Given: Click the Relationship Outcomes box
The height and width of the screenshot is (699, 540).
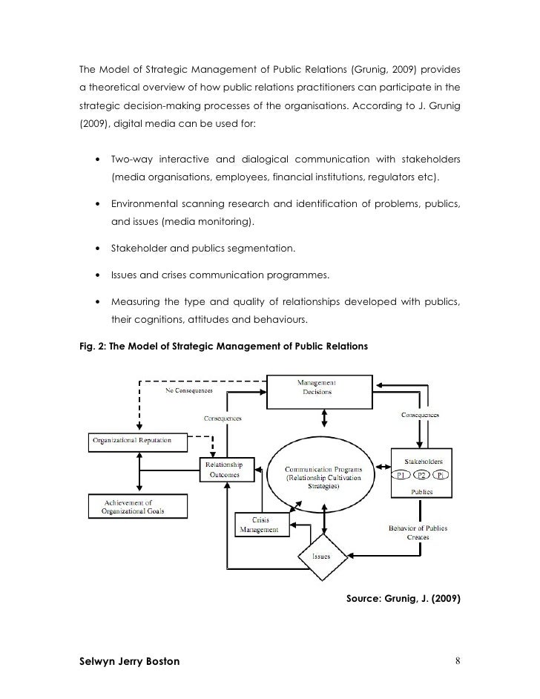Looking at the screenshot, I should click(x=229, y=470).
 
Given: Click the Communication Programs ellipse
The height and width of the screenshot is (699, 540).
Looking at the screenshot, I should click(x=323, y=472).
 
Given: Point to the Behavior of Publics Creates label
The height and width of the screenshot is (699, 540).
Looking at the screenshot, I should click(x=418, y=532).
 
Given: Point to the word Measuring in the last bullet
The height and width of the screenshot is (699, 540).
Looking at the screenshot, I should click(x=136, y=303).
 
